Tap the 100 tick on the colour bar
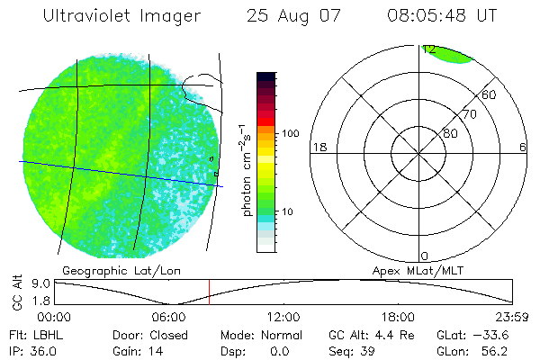291,133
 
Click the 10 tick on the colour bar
291,211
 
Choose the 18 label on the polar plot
318,147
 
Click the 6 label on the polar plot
522,147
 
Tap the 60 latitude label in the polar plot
490,94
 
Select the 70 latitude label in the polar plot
470,114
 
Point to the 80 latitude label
450,133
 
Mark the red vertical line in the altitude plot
209,292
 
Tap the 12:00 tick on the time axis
283,317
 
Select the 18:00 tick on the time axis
398,317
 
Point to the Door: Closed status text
145,335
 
